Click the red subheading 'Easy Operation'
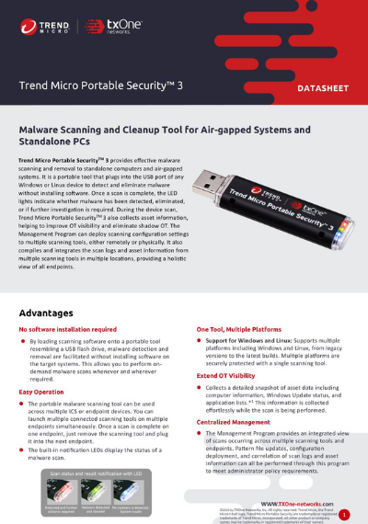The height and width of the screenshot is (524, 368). pos(42,392)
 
